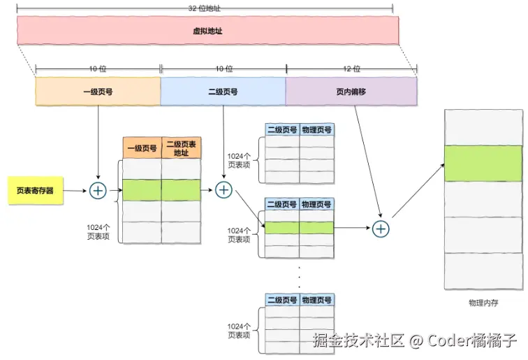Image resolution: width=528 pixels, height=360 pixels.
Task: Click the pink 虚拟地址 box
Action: coord(207,31)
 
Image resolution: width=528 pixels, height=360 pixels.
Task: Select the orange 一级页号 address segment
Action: coord(98,91)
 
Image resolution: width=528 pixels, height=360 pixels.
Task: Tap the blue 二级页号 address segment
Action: coord(223,91)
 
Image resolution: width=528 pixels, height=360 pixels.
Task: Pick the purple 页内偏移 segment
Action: coord(351,91)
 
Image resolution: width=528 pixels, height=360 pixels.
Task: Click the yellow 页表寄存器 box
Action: coord(35,190)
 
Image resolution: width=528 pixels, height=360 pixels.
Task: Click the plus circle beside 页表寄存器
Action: coord(98,190)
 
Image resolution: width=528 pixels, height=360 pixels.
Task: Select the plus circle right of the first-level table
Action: coord(223,190)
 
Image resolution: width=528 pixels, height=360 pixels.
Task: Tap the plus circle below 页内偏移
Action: coord(381,228)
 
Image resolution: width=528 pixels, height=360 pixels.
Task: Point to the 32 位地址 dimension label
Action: coord(207,7)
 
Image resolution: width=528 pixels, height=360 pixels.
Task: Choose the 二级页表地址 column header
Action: coord(182,148)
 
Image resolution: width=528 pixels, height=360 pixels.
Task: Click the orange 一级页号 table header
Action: coord(142,148)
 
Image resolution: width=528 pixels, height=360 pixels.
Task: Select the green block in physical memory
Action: coord(483,163)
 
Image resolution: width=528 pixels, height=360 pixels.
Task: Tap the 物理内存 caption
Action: coord(483,304)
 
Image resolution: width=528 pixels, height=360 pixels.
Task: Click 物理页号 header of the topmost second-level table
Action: coord(317,129)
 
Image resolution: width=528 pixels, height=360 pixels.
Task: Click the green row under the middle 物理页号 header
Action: coord(317,228)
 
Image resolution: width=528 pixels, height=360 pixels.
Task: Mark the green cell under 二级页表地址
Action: coord(182,190)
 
